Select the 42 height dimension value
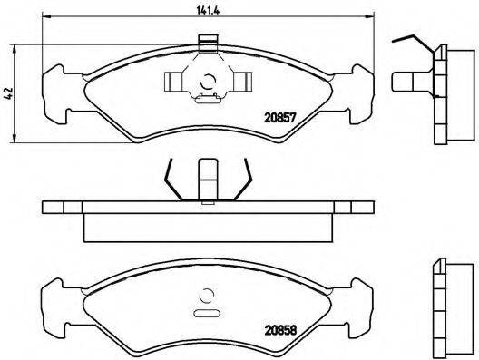pos(9,91)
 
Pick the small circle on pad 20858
pos(208,294)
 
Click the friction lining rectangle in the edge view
pos(209,228)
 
